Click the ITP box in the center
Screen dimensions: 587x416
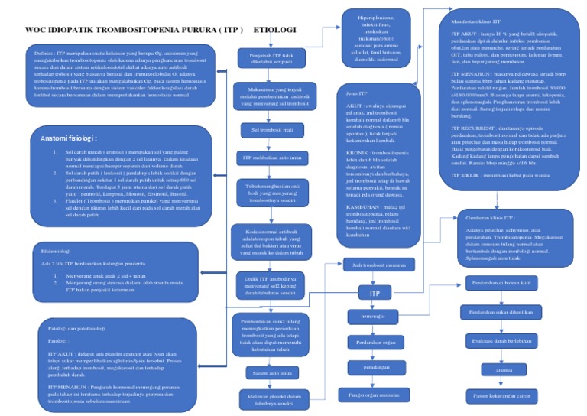pyautogui.click(x=375, y=292)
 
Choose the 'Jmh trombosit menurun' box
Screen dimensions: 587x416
pyautogui.click(x=368, y=266)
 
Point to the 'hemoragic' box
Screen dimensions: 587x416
pyautogui.click(x=368, y=315)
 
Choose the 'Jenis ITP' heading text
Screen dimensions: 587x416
pyautogui.click(x=348, y=93)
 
